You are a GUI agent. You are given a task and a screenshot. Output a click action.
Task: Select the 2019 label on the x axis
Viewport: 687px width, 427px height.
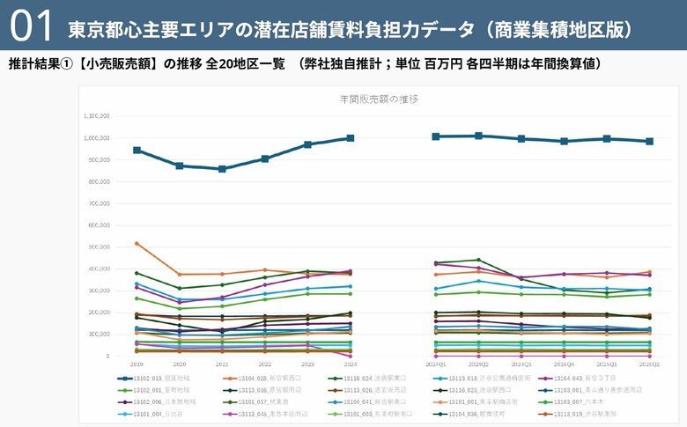pyautogui.click(x=136, y=363)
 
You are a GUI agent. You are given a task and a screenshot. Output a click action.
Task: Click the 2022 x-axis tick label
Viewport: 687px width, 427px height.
pyautogui.click(x=264, y=363)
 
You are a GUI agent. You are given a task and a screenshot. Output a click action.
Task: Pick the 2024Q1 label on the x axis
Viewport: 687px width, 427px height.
pyautogui.click(x=435, y=363)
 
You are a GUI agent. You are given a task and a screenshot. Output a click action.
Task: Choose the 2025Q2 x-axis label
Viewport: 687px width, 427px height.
pyautogui.click(x=649, y=363)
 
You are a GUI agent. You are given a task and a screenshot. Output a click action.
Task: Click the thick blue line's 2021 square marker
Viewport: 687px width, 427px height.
pyautogui.click(x=222, y=169)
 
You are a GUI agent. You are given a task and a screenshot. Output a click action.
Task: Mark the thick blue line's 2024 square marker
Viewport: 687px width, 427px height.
pyautogui.click(x=351, y=138)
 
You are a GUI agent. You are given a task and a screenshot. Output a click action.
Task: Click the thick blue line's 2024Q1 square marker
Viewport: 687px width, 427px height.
pyautogui.click(x=435, y=136)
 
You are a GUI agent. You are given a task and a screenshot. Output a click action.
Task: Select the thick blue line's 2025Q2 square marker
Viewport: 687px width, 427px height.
pyautogui.click(x=649, y=141)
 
